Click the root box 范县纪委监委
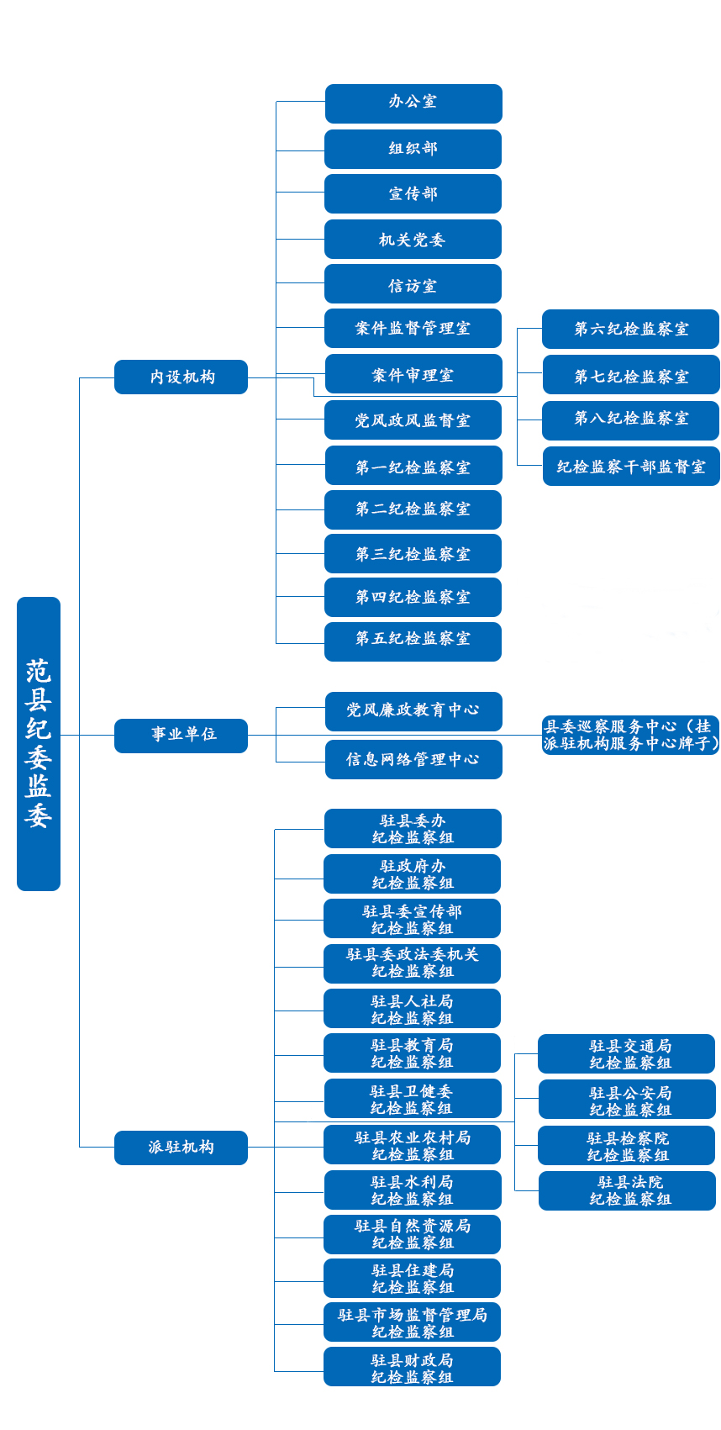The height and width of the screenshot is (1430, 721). point(39,743)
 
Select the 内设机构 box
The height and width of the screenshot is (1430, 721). point(182,377)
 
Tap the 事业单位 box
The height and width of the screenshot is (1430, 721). point(182,736)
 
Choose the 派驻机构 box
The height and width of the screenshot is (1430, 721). point(182,1148)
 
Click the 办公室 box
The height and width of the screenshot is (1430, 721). point(413,103)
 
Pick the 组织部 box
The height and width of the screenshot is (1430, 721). point(413,150)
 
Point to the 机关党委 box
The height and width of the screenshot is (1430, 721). point(413,240)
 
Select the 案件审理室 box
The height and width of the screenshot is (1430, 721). point(413,374)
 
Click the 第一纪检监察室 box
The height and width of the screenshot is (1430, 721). point(413,466)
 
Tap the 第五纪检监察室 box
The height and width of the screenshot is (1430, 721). point(413,641)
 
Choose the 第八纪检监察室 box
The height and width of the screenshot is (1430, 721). point(630,420)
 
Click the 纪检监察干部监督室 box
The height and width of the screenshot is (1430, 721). point(631,466)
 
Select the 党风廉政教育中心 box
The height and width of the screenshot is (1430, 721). point(413,711)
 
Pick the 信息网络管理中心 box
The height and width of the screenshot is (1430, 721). point(413,760)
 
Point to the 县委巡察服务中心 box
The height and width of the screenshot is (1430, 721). point(630,735)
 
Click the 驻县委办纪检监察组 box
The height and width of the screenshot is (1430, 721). point(413,829)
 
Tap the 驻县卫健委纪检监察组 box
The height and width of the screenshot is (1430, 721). point(413,1098)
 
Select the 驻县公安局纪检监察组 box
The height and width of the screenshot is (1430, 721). point(627,1100)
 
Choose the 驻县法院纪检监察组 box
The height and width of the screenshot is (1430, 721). point(627,1190)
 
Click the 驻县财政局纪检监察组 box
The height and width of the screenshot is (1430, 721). point(413,1367)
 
